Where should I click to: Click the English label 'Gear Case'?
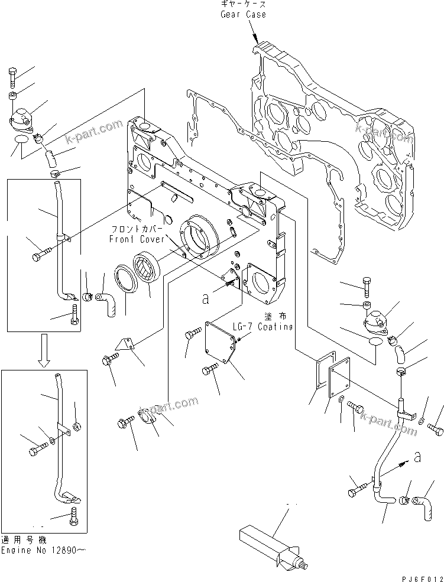coord(242,14)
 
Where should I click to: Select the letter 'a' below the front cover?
coord(205,299)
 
